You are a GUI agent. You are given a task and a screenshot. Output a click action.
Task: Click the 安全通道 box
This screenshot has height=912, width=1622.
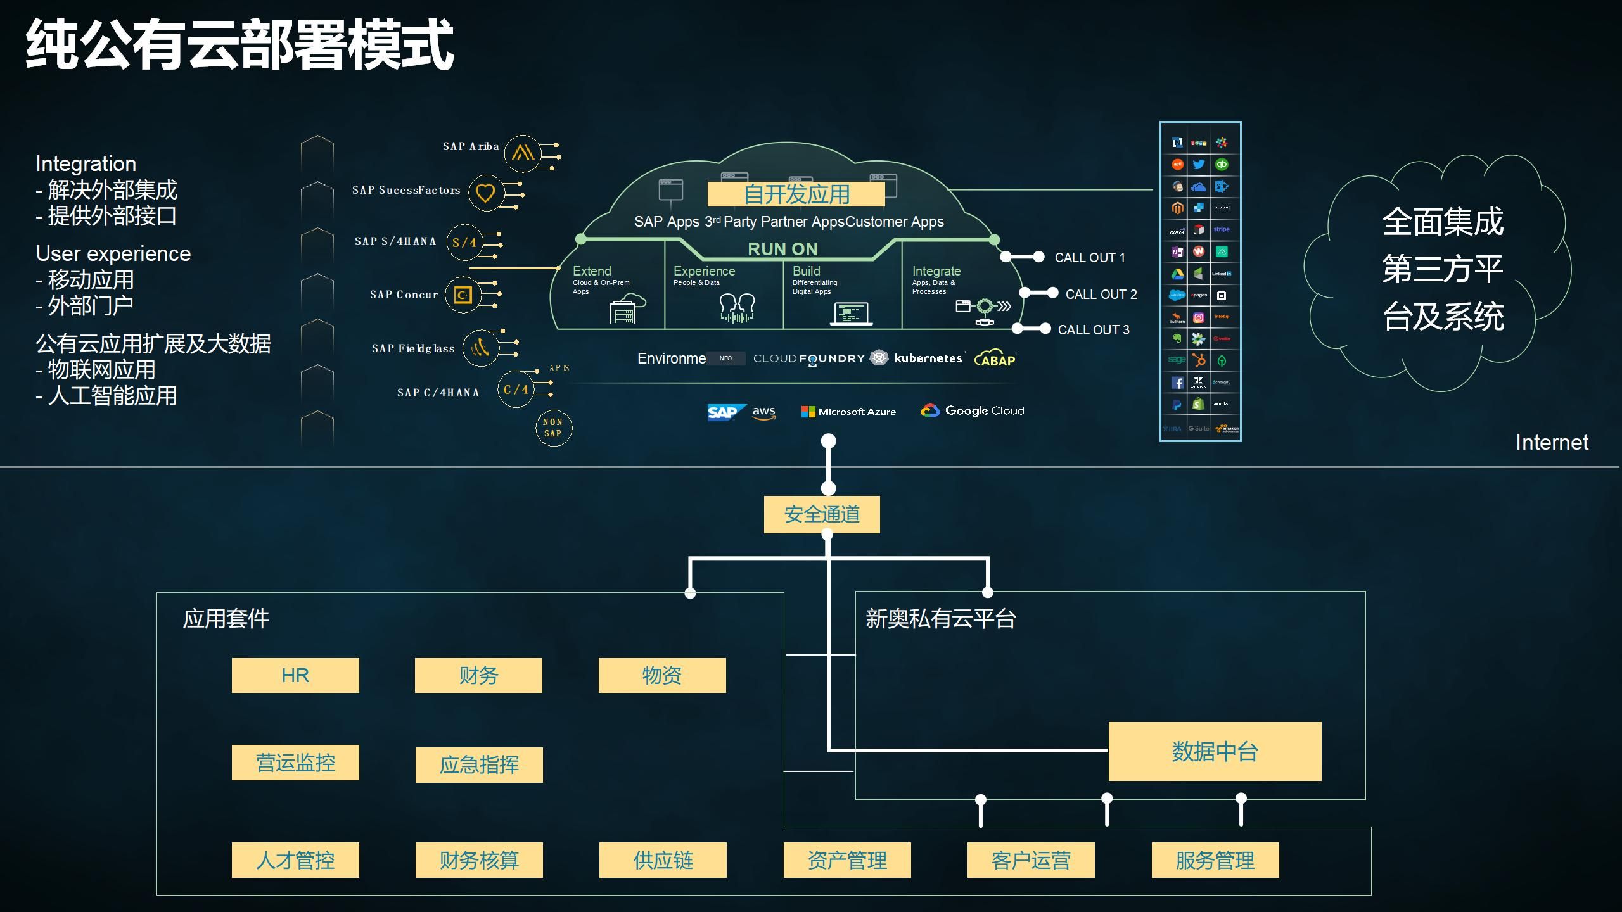[822, 514]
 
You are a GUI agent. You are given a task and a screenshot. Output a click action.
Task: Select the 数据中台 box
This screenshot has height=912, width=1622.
[1215, 751]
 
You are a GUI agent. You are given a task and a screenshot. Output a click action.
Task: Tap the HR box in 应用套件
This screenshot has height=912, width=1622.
[295, 675]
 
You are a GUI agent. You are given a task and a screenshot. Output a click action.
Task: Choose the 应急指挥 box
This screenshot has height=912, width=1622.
[479, 764]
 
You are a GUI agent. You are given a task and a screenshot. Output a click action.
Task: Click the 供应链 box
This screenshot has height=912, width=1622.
[663, 860]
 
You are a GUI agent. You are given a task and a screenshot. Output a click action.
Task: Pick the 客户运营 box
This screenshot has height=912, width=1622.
[1031, 860]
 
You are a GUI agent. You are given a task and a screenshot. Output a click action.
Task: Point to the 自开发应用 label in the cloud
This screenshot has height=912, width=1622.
[796, 194]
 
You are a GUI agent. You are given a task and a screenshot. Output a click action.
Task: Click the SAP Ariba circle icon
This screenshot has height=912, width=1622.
[523, 153]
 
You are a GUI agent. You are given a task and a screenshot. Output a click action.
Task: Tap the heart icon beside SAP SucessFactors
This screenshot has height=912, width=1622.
[485, 193]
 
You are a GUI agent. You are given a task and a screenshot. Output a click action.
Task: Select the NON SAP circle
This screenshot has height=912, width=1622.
[553, 428]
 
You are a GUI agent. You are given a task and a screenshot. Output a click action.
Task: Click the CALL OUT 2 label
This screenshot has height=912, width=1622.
[1101, 294]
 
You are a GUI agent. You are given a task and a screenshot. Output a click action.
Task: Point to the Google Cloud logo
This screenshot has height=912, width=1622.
[973, 411]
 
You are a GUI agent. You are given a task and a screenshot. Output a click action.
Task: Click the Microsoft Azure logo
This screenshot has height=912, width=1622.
[848, 412]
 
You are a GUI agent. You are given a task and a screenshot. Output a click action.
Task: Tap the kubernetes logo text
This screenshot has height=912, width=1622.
[928, 358]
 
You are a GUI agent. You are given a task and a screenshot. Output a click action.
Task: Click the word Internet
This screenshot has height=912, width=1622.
[1552, 442]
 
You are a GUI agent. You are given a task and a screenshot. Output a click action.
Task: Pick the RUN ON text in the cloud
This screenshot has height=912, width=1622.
[782, 249]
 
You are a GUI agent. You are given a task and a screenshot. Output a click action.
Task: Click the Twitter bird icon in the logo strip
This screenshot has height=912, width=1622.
[1198, 165]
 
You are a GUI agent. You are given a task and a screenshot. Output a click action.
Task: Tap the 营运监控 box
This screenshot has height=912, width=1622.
[295, 763]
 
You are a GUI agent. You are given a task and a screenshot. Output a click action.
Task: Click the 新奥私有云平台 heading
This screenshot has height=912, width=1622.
[941, 619]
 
